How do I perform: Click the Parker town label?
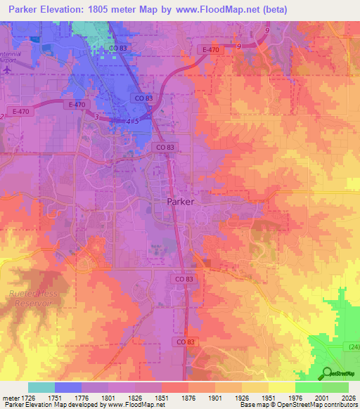181,200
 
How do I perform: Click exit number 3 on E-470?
96,116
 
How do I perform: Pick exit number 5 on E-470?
137,122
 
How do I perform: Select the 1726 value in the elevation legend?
25,398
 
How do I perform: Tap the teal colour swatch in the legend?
41,387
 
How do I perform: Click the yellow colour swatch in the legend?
282,387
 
